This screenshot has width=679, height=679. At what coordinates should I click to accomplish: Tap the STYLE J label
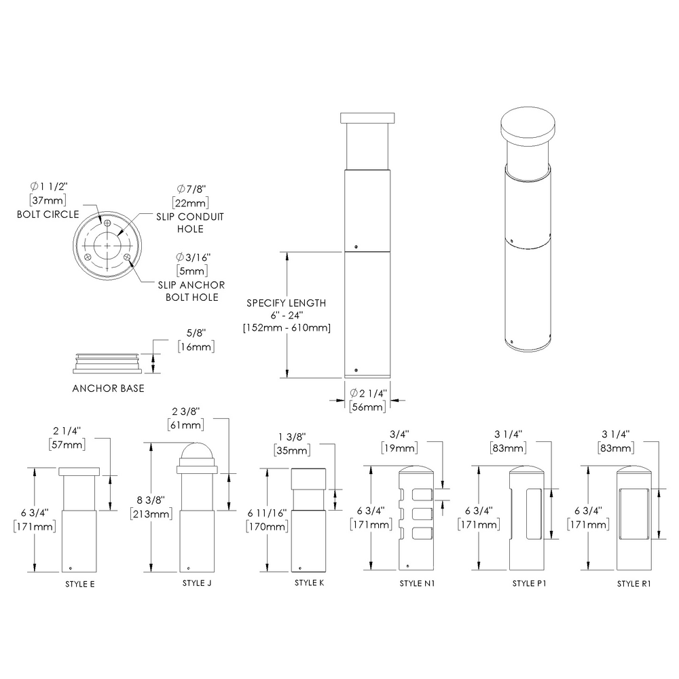pyautogui.click(x=197, y=583)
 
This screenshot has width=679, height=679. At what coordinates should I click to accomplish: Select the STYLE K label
pyautogui.click(x=309, y=583)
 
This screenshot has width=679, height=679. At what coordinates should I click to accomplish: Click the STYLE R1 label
pyautogui.click(x=634, y=583)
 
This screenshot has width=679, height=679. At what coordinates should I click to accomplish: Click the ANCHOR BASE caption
pyautogui.click(x=108, y=389)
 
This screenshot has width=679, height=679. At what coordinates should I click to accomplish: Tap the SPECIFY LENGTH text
pyautogui.click(x=286, y=303)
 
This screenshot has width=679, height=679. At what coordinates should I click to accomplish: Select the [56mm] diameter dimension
pyautogui.click(x=367, y=407)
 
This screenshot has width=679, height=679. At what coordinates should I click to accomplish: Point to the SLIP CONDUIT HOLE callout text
pyautogui.click(x=190, y=223)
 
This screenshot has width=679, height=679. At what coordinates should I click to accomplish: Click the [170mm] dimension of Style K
pyautogui.click(x=268, y=526)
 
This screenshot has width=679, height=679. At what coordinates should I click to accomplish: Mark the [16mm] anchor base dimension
pyautogui.click(x=196, y=347)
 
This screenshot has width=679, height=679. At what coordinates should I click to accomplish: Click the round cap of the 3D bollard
pyautogui.click(x=527, y=128)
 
